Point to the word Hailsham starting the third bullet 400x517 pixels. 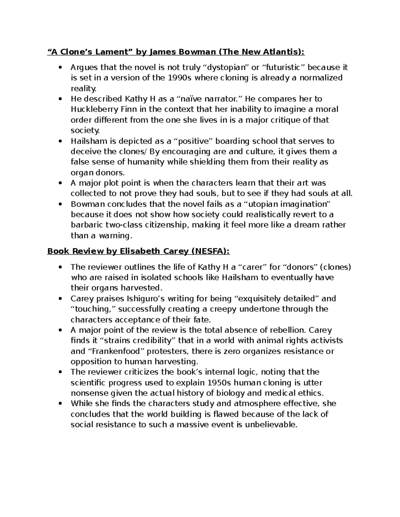(87, 141)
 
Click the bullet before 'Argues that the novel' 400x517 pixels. (60, 68)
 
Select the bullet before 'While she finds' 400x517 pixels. (60, 404)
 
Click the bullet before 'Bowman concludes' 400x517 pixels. (60, 204)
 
